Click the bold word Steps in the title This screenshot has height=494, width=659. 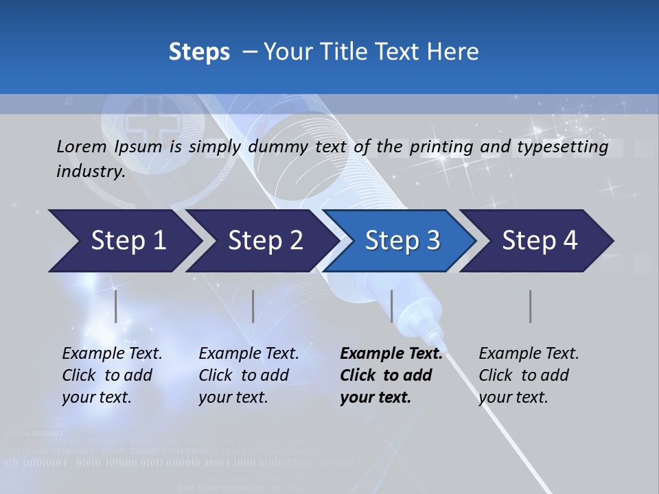click(199, 51)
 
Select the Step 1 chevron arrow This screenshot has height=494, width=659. click(124, 241)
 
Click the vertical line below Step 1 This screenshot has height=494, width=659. click(116, 306)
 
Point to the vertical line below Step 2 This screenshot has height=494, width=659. click(253, 306)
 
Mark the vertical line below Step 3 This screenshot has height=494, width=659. click(391, 306)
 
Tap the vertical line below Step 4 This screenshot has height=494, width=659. click(531, 306)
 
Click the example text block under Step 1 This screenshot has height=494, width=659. click(112, 375)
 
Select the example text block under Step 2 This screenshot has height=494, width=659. click(248, 375)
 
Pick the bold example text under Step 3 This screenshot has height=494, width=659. click(390, 375)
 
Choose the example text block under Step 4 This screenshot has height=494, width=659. click(529, 375)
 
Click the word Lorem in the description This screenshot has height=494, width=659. click(82, 146)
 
